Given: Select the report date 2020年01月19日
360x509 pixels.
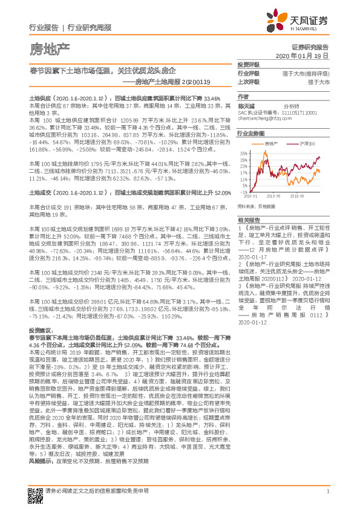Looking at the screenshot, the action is tap(306, 55).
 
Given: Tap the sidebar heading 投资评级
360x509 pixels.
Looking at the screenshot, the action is tap(249, 64).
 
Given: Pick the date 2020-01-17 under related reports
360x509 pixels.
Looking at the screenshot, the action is tap(254, 256).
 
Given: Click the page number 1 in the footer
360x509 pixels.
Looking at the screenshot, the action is tap(327, 490).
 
